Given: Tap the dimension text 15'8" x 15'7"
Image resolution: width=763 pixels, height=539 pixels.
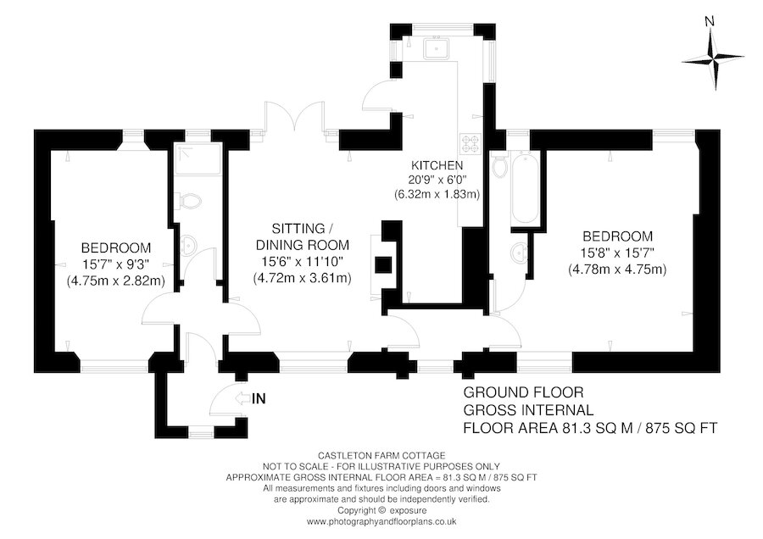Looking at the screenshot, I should (x=617, y=253).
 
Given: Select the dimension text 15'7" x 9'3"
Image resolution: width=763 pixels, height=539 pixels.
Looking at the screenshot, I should (x=115, y=264).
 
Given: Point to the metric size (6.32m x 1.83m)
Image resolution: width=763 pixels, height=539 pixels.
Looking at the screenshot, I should (x=437, y=194).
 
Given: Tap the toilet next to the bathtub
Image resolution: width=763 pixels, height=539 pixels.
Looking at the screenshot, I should (x=501, y=171).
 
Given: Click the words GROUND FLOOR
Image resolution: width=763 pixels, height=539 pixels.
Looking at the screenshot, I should (x=522, y=393).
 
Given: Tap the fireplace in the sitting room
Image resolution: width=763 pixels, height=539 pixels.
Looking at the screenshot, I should (x=384, y=264).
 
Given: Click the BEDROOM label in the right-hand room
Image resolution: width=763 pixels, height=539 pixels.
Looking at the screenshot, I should (x=617, y=236).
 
